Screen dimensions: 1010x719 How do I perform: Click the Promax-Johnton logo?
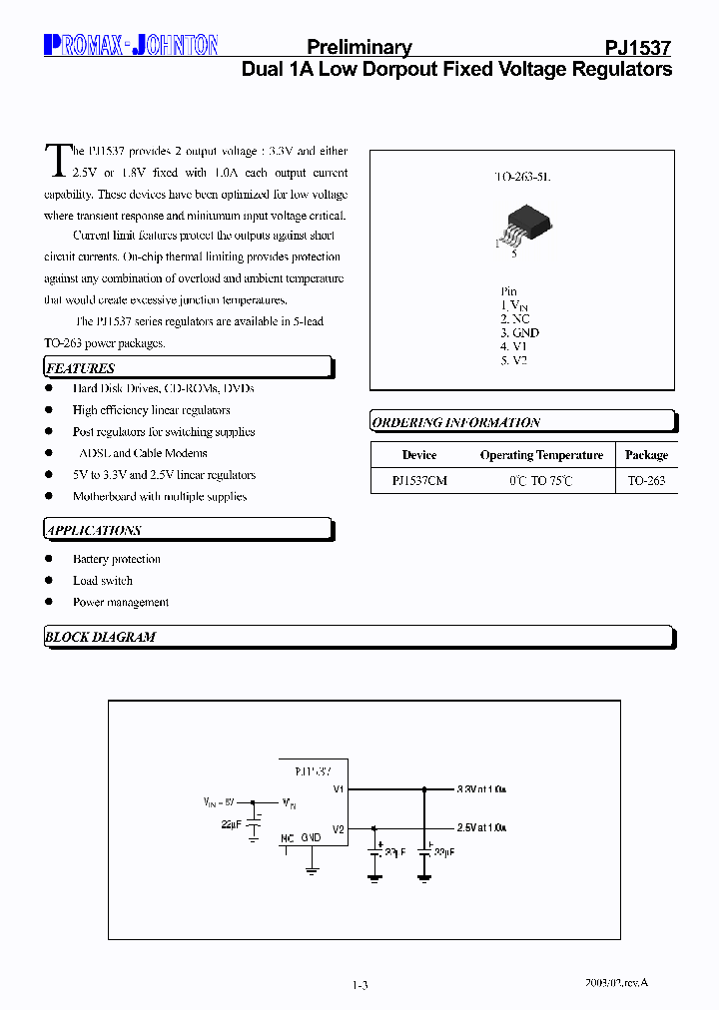pyautogui.click(x=131, y=45)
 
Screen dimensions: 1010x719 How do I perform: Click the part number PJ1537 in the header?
pyautogui.click(x=638, y=48)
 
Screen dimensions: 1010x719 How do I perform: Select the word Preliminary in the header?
pyautogui.click(x=359, y=48)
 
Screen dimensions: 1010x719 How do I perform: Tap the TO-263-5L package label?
pyautogui.click(x=522, y=176)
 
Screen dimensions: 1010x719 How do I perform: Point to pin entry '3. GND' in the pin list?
pyautogui.click(x=519, y=332)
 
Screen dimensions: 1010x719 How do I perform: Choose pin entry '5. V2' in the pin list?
pyautogui.click(x=513, y=360)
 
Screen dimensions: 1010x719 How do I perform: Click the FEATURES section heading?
pyautogui.click(x=81, y=368)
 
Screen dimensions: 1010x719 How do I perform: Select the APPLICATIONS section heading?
pyautogui.click(x=94, y=530)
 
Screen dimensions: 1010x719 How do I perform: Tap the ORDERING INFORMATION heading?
pyautogui.click(x=455, y=422)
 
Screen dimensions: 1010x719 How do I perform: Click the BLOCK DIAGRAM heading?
pyautogui.click(x=100, y=637)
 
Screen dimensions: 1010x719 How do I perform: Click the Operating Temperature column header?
pyautogui.click(x=541, y=455)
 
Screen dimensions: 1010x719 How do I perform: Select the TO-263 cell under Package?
pyautogui.click(x=646, y=480)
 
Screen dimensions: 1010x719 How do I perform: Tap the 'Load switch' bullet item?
pyautogui.click(x=102, y=581)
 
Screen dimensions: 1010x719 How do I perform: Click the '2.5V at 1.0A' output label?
pyautogui.click(x=481, y=827)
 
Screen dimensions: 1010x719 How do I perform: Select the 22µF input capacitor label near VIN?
pyautogui.click(x=231, y=823)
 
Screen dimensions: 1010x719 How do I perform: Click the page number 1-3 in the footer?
pyautogui.click(x=360, y=985)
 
